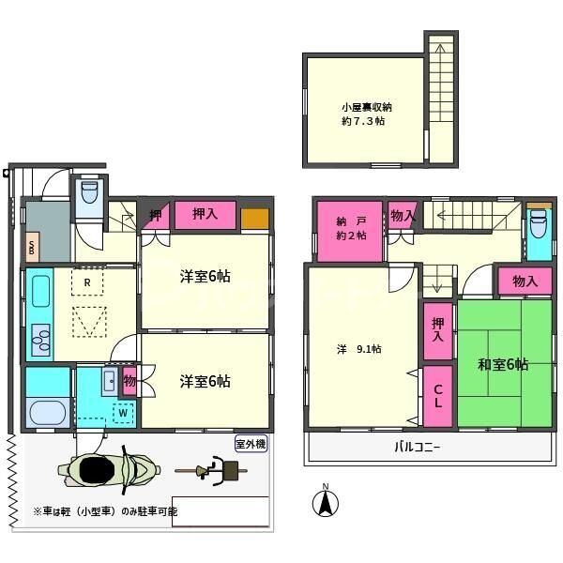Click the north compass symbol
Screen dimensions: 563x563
point(325,502)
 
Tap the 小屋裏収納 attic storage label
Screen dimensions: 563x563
point(366,114)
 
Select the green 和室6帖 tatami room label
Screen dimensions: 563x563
point(502,364)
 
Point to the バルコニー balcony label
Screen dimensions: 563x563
point(417,448)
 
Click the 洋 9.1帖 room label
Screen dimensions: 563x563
point(359,349)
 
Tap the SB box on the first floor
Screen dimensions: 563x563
point(32,248)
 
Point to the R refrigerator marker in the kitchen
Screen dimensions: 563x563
point(86,281)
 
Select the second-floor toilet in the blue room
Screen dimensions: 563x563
point(538,225)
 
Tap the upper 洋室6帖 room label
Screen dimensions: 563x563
point(205,277)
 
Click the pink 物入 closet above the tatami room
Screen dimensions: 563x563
point(525,281)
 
